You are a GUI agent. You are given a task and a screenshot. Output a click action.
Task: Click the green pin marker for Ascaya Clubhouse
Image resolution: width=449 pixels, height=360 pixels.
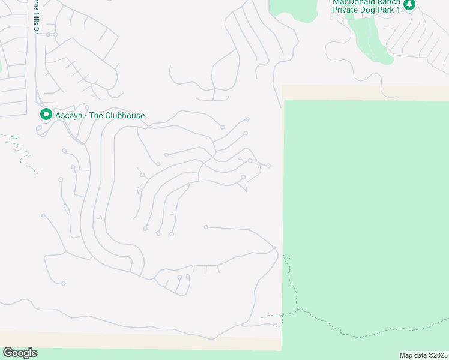[x=45, y=114]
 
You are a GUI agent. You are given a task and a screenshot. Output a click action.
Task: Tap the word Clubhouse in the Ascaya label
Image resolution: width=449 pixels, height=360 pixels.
[x=125, y=115]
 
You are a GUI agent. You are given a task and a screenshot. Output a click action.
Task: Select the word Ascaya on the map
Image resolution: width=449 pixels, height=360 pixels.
[x=70, y=115]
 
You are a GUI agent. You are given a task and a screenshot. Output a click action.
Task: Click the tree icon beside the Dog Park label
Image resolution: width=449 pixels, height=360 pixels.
[x=409, y=5]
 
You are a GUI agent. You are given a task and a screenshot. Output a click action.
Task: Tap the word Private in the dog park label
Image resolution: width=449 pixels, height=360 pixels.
[x=346, y=10]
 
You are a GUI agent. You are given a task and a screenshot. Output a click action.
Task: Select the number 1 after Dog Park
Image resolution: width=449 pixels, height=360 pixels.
[x=398, y=10]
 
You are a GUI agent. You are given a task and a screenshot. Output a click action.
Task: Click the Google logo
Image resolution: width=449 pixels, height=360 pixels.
[x=20, y=353]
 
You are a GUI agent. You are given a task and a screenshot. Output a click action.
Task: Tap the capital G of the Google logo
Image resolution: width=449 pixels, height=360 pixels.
[x=8, y=353]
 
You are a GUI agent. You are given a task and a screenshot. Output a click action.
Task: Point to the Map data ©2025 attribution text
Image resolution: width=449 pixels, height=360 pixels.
[x=423, y=355]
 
